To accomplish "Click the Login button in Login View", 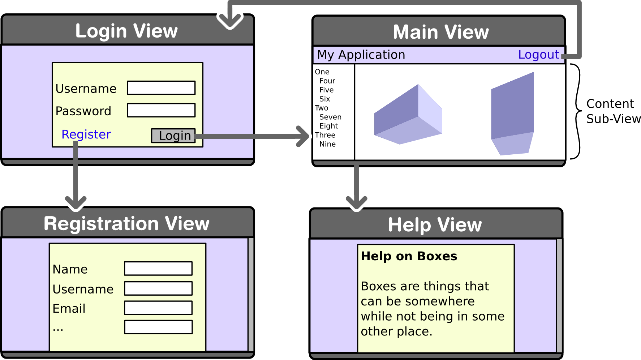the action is pos(173,136).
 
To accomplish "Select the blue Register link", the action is pos(86,134).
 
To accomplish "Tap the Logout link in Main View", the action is pos(538,55).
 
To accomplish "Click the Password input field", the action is pos(161,110).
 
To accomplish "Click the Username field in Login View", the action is pos(161,88).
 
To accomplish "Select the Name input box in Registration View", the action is pos(158,269).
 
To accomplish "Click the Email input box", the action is pos(158,308).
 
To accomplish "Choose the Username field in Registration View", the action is pos(158,288).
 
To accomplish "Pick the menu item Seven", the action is pos(330,117).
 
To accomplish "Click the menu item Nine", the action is pos(327,144).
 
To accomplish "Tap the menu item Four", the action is pos(327,81).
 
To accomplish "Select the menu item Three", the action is pos(325,135).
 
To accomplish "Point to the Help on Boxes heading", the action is pos(409,256).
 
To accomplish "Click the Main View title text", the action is pos(441,32).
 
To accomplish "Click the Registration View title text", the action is pos(126,224).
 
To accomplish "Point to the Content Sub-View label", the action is pos(613,111).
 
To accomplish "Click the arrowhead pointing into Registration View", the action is pos(76,203).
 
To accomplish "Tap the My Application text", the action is pos(361,55).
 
